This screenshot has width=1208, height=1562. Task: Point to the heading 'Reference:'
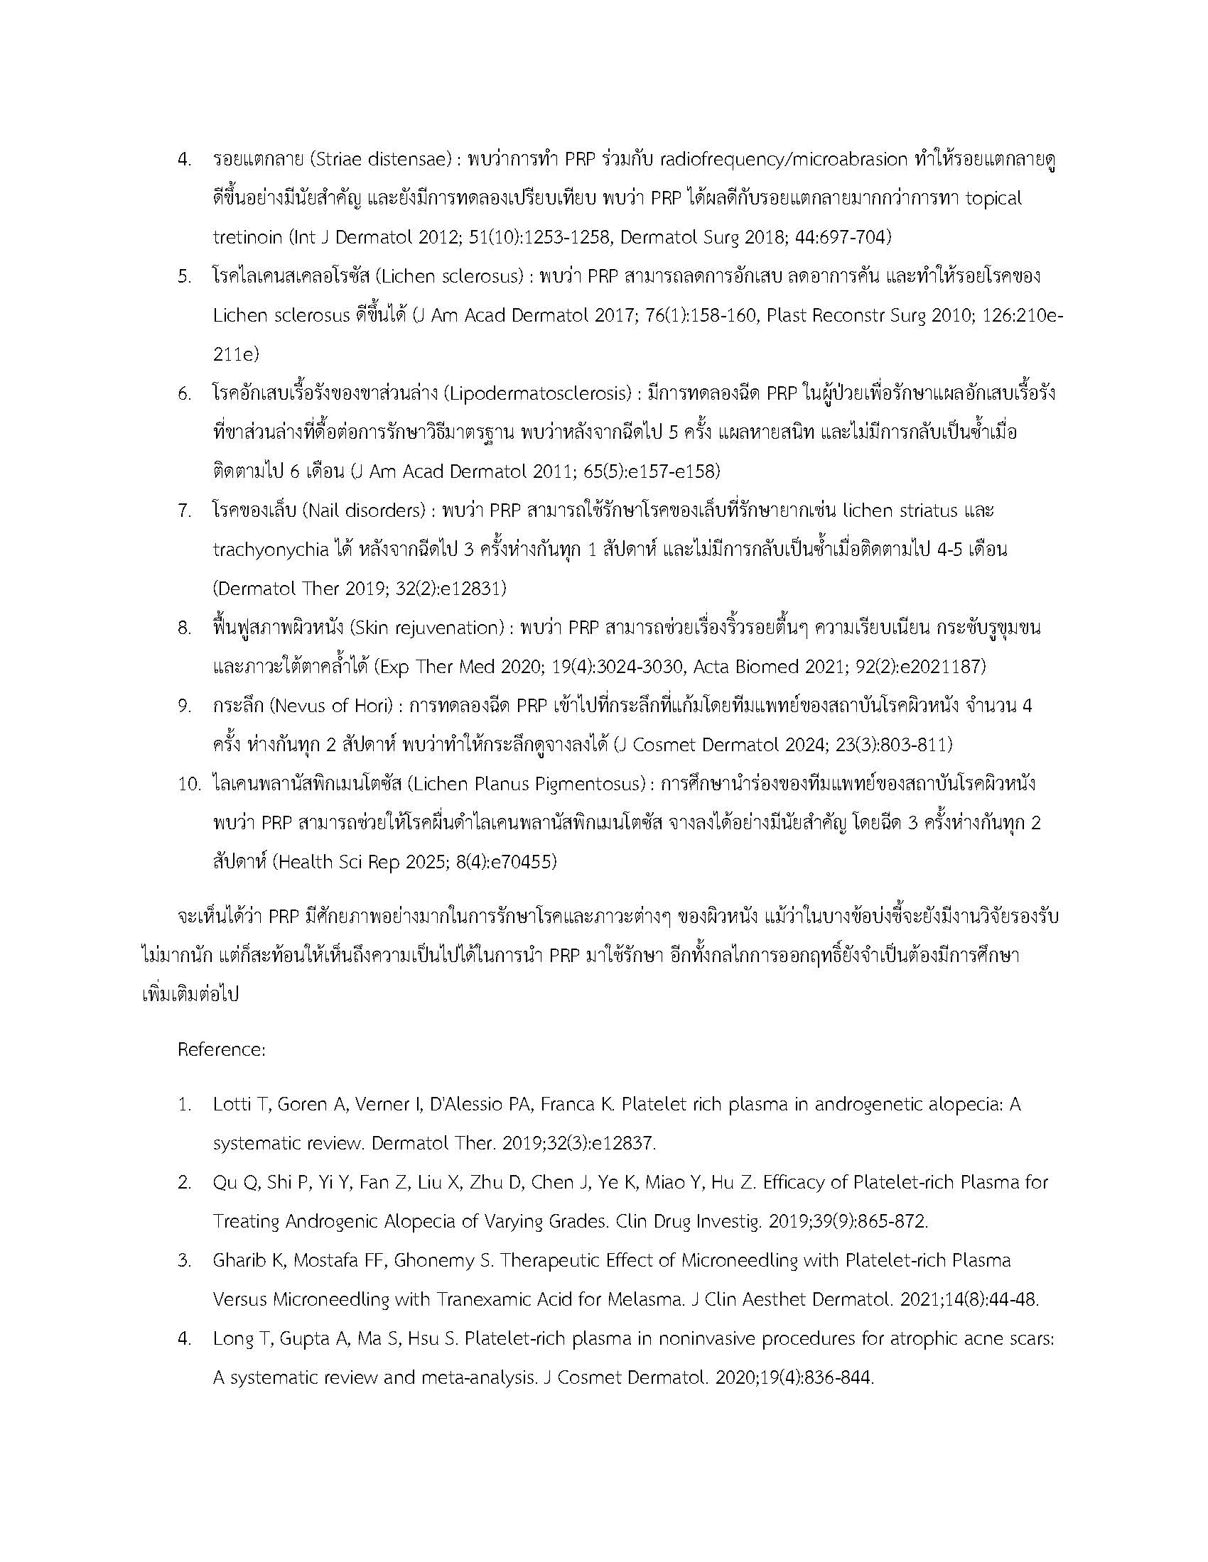222,1049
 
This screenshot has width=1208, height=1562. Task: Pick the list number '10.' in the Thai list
190,784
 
